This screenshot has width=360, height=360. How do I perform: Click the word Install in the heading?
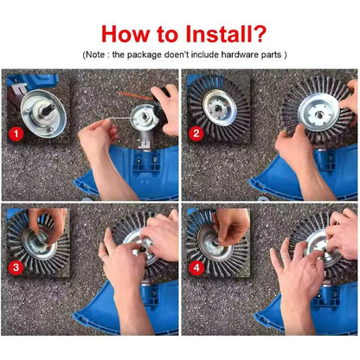(x=220, y=34)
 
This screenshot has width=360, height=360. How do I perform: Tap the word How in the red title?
(x=125, y=34)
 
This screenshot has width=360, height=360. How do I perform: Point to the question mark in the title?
(x=260, y=34)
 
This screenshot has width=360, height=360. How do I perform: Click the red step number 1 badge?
(x=16, y=133)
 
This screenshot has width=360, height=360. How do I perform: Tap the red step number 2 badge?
(x=196, y=133)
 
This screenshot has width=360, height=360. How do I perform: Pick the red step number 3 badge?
(x=16, y=267)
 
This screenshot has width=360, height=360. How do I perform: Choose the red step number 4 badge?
(x=196, y=267)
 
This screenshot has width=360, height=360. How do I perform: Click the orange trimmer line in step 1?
(x=136, y=95)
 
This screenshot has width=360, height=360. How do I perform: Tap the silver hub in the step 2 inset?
(x=220, y=108)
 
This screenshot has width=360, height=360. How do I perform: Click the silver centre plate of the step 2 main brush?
(x=318, y=112)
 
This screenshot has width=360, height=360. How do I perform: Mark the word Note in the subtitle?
(x=94, y=55)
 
